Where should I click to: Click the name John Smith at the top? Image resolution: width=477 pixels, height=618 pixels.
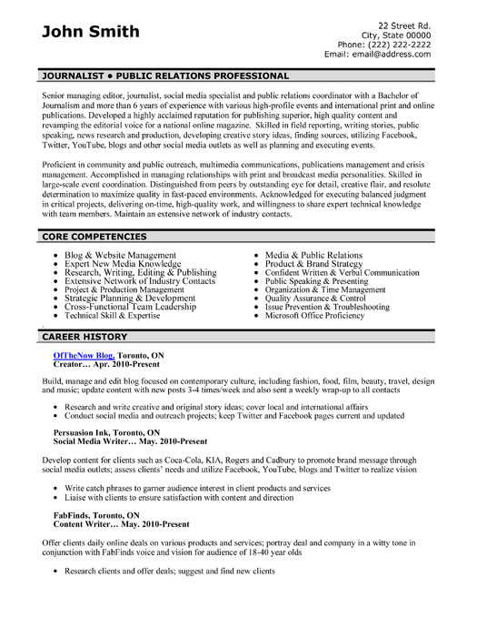tap(91, 32)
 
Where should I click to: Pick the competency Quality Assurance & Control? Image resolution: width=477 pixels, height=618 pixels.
tap(315, 297)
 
